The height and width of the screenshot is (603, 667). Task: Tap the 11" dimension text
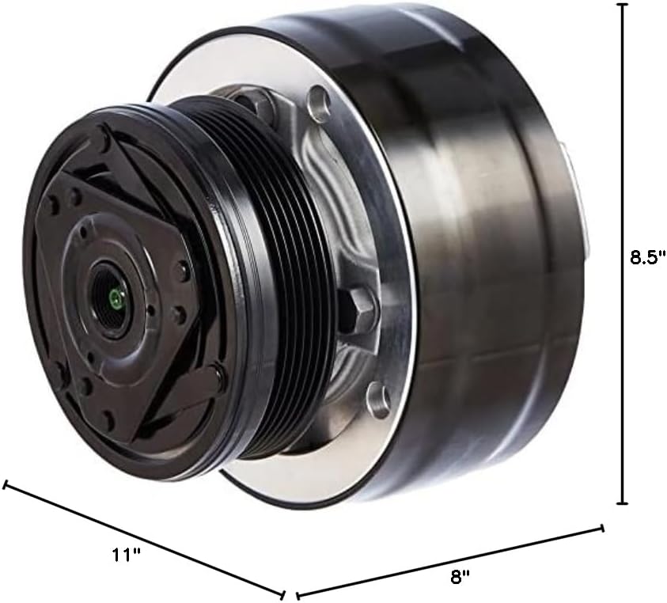[x=126, y=555]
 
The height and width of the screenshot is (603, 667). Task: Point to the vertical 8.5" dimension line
[x=623, y=158]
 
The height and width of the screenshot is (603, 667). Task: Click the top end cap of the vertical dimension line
[x=623, y=5]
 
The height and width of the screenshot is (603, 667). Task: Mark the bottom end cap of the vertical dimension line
[x=623, y=502]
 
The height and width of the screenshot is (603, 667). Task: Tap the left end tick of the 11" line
[x=6, y=484]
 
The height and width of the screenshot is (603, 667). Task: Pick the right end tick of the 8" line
[x=603, y=529]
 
